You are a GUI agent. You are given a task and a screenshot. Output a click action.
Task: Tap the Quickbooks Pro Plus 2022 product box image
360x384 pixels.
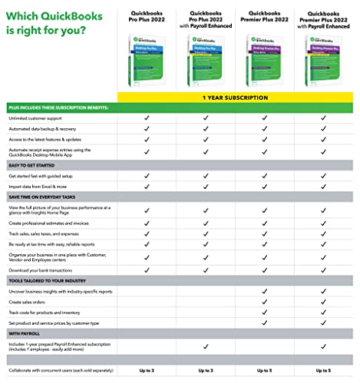click(x=146, y=64)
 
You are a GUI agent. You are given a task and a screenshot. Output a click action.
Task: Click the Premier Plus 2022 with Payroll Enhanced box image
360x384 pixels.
click(x=323, y=64)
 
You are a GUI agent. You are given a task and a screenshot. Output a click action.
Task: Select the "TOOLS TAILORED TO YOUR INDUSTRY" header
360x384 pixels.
click(x=48, y=280)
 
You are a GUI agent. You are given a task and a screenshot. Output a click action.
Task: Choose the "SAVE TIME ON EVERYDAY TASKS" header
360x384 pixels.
click(x=43, y=197)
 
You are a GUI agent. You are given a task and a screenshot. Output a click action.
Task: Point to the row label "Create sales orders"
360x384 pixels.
click(x=28, y=303)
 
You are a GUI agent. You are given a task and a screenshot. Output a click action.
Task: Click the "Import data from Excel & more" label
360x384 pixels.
click(x=41, y=185)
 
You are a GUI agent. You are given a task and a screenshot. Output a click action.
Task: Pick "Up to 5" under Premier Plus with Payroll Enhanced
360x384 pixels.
click(x=323, y=371)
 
